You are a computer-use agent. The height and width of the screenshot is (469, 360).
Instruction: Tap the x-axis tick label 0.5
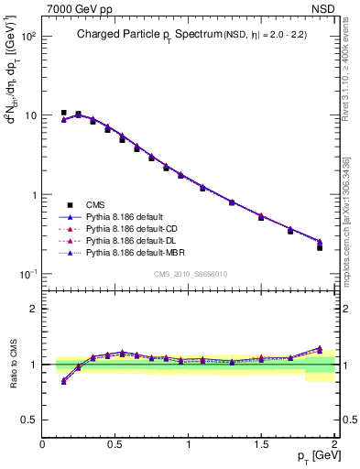[x=115, y=444]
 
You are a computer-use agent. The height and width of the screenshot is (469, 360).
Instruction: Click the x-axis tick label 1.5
[x=261, y=444]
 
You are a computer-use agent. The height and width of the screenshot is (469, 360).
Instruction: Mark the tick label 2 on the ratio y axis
[x=32, y=309]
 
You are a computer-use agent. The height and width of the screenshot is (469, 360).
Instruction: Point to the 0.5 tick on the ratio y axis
[x=28, y=420]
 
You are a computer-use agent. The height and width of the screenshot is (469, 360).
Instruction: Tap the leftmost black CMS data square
[x=63, y=113]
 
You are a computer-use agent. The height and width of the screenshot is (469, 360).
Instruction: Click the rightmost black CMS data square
[x=320, y=247]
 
